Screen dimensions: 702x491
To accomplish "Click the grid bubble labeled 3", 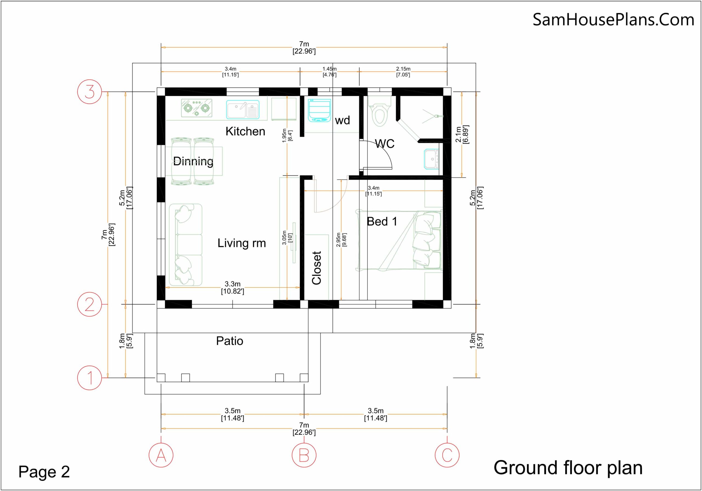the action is click(89, 91).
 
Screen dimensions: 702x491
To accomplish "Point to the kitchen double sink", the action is click(243, 109).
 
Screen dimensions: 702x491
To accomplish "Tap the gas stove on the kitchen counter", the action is click(197, 108).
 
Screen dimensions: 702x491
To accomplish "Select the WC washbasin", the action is click(431, 159).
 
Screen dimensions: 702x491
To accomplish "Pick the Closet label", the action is click(316, 268).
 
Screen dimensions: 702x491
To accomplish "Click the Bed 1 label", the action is click(382, 221).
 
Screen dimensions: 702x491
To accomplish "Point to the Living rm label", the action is click(242, 243).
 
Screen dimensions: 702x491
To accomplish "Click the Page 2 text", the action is click(44, 472).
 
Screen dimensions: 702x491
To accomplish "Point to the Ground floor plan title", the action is click(568, 468).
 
